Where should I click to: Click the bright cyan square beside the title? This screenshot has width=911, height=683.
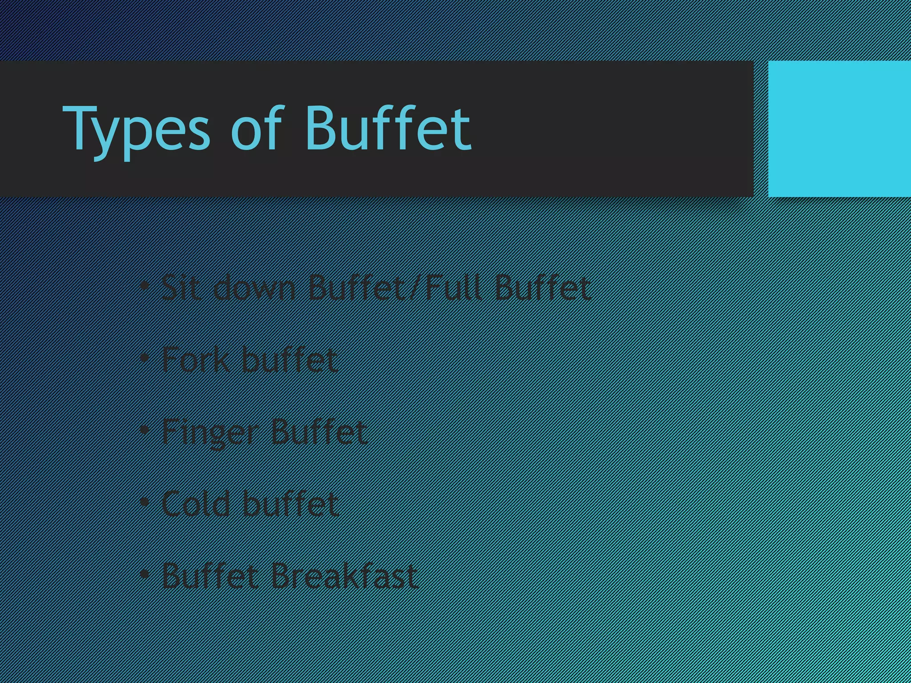point(839,129)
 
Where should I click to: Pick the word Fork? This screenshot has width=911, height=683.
point(196,359)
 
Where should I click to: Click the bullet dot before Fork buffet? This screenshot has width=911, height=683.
point(144,358)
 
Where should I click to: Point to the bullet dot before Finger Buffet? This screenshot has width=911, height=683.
point(144,430)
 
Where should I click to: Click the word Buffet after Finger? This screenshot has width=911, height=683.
point(318,431)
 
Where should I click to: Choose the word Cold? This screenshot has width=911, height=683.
point(196,504)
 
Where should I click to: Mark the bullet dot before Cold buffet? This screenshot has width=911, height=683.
point(144,502)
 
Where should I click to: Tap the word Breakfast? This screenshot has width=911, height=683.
point(344,576)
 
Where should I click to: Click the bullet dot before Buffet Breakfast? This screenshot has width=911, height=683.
point(144,575)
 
